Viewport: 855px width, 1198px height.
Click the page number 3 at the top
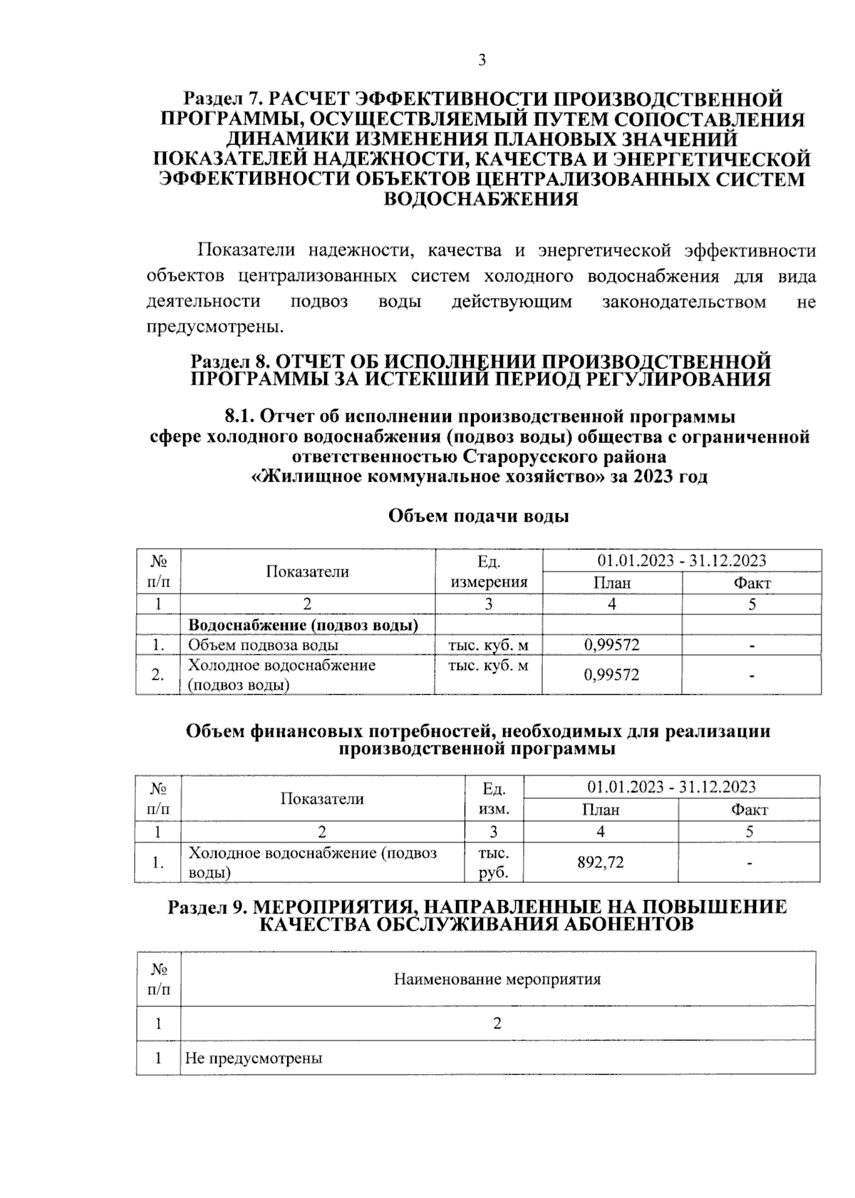[482, 61]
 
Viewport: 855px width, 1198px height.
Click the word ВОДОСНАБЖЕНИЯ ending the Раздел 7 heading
[481, 199]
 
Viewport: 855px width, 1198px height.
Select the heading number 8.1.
[241, 416]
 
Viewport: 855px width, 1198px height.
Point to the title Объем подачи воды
[478, 517]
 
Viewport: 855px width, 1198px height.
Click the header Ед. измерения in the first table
[488, 572]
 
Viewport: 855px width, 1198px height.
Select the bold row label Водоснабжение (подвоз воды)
[303, 626]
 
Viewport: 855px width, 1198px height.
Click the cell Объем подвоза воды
[263, 646]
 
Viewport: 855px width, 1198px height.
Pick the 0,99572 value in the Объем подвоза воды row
[611, 646]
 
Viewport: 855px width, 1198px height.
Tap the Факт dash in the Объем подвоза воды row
[752, 646]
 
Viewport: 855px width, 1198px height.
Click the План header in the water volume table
[611, 583]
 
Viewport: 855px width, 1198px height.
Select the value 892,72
[600, 863]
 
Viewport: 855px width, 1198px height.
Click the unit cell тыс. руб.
[493, 863]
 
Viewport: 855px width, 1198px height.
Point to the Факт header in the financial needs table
[749, 810]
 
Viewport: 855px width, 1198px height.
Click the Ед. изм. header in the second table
[493, 799]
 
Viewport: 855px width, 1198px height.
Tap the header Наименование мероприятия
[497, 979]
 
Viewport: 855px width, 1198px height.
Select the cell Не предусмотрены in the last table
[254, 1058]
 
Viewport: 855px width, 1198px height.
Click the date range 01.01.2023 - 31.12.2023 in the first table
[682, 560]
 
